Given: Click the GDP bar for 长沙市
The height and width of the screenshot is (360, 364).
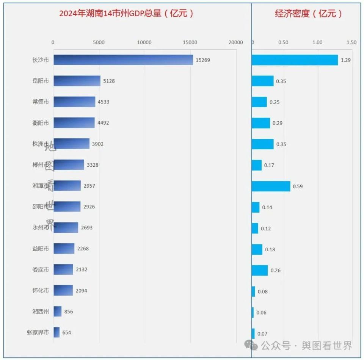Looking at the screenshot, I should pyautogui.click(x=123, y=60).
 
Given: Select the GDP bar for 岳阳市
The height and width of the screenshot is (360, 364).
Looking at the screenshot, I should pyautogui.click(x=77, y=81).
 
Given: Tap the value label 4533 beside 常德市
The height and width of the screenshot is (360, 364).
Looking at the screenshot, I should pyautogui.click(x=104, y=102).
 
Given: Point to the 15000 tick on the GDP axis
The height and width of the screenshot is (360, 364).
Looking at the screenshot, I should pyautogui.click(x=190, y=42).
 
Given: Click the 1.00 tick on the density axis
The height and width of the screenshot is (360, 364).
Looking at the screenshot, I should pyautogui.click(x=317, y=42).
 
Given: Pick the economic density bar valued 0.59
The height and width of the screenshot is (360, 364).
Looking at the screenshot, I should pyautogui.click(x=271, y=186).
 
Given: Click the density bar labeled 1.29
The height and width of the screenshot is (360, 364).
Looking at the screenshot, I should pyautogui.click(x=295, y=60).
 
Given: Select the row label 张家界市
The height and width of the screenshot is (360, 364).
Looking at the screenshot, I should pyautogui.click(x=38, y=332).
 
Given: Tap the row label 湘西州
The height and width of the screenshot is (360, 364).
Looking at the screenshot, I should pyautogui.click(x=41, y=311).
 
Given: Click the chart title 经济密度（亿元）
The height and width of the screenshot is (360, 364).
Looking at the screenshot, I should pyautogui.click(x=309, y=14).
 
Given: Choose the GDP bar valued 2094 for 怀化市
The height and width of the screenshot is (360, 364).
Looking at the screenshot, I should pyautogui.click(x=63, y=290).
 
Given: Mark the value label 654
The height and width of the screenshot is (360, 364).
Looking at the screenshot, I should pyautogui.click(x=67, y=333).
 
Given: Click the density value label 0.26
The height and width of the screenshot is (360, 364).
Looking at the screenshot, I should pyautogui.click(x=276, y=271).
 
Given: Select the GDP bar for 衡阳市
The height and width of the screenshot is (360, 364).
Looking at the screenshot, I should pyautogui.click(x=74, y=123).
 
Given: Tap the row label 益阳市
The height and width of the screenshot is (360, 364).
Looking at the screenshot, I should pyautogui.click(x=41, y=249).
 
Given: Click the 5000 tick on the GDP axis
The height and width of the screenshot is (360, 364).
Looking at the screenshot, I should pyautogui.click(x=99, y=42).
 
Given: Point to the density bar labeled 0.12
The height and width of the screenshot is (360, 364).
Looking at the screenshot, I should pyautogui.click(x=255, y=228).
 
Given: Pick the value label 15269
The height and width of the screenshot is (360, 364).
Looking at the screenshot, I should pyautogui.click(x=203, y=60).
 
